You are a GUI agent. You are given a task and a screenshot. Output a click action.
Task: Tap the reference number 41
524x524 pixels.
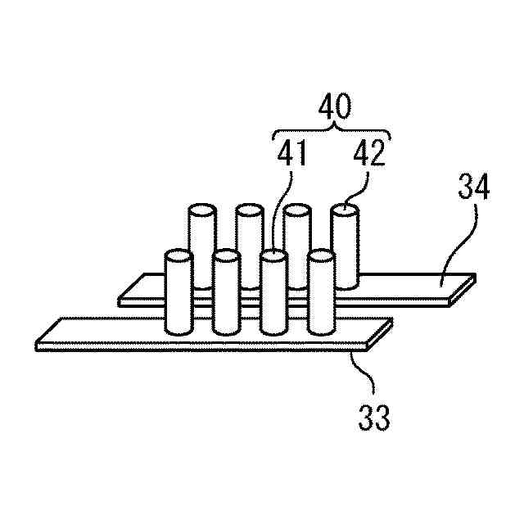pyautogui.click(x=291, y=155)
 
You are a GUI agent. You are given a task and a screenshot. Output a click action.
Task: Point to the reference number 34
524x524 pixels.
pyautogui.click(x=472, y=187)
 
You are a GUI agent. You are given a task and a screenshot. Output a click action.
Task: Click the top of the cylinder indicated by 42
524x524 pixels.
pyautogui.click(x=345, y=211)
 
